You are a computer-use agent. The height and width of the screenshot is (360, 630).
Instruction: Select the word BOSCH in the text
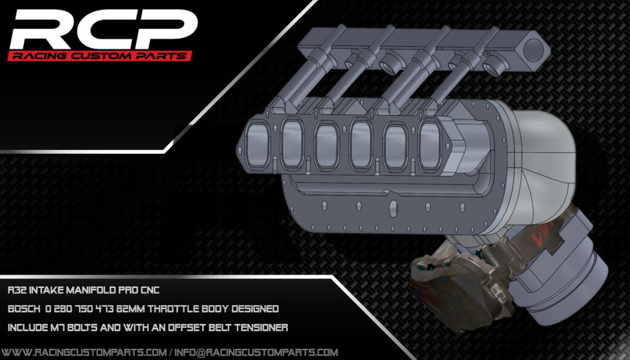[x=23, y=308]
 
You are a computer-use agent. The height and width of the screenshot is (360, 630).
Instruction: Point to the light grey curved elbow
[x=541, y=154]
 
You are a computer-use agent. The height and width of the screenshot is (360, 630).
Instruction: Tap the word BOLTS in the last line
[x=86, y=327]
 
